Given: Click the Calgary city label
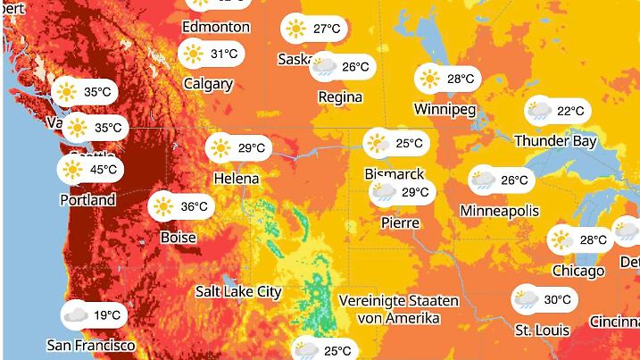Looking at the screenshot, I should click(208, 84).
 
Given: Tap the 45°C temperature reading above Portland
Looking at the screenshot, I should click(102, 169).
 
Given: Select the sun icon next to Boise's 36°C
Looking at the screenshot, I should click(162, 206).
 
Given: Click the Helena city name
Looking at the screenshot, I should click(237, 179).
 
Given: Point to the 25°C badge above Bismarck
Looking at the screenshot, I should click(397, 143).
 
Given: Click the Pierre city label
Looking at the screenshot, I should click(400, 222).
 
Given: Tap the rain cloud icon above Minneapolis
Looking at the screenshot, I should click(483, 180).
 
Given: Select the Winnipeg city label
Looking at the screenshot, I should click(445, 109).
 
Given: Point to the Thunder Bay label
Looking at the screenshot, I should click(555, 141).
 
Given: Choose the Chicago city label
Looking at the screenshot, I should click(578, 270).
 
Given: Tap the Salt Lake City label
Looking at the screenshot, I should click(238, 291).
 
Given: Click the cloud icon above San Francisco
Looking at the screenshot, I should click(76, 314).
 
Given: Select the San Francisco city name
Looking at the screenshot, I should click(91, 345).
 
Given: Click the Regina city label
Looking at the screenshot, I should click(340, 96).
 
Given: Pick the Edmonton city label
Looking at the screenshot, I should click(215, 27).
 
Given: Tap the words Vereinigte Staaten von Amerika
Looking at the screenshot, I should click(399, 309).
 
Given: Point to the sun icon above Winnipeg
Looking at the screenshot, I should click(430, 79).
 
